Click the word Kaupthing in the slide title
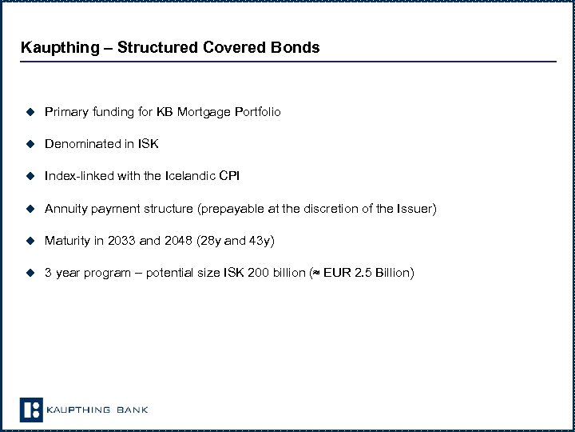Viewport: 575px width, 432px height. (55, 47)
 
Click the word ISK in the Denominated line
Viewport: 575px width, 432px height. (148, 144)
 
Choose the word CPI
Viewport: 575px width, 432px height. (228, 176)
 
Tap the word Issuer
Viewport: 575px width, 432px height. (414, 209)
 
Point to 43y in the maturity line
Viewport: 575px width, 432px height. (257, 241)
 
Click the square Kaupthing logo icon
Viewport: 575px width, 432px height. (30, 410)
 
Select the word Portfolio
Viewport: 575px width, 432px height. (257, 112)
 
